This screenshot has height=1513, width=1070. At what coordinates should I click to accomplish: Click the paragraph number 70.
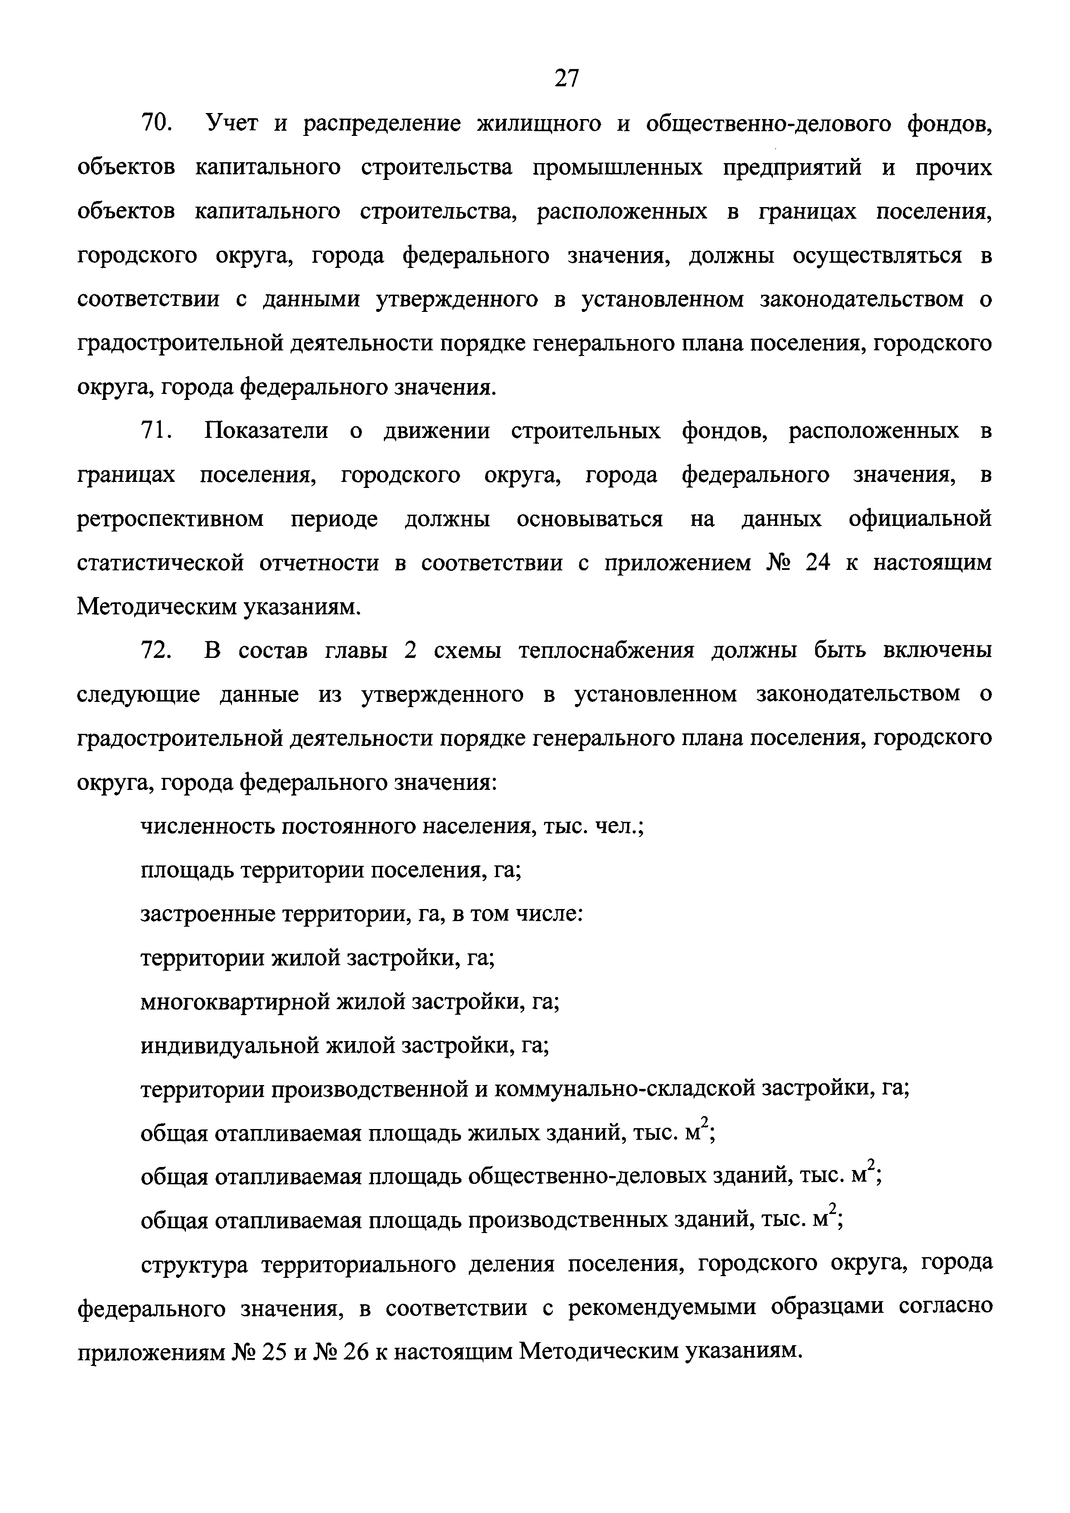click(156, 123)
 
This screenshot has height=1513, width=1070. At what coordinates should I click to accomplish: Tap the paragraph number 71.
click(156, 431)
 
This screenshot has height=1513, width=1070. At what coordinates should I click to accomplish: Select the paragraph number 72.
click(156, 651)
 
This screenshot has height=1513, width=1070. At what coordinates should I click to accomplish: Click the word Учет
click(232, 123)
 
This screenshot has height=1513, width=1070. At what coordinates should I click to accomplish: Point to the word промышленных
click(617, 167)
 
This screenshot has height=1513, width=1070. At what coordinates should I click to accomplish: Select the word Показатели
click(266, 431)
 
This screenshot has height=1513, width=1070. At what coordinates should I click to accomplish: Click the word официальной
click(920, 519)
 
